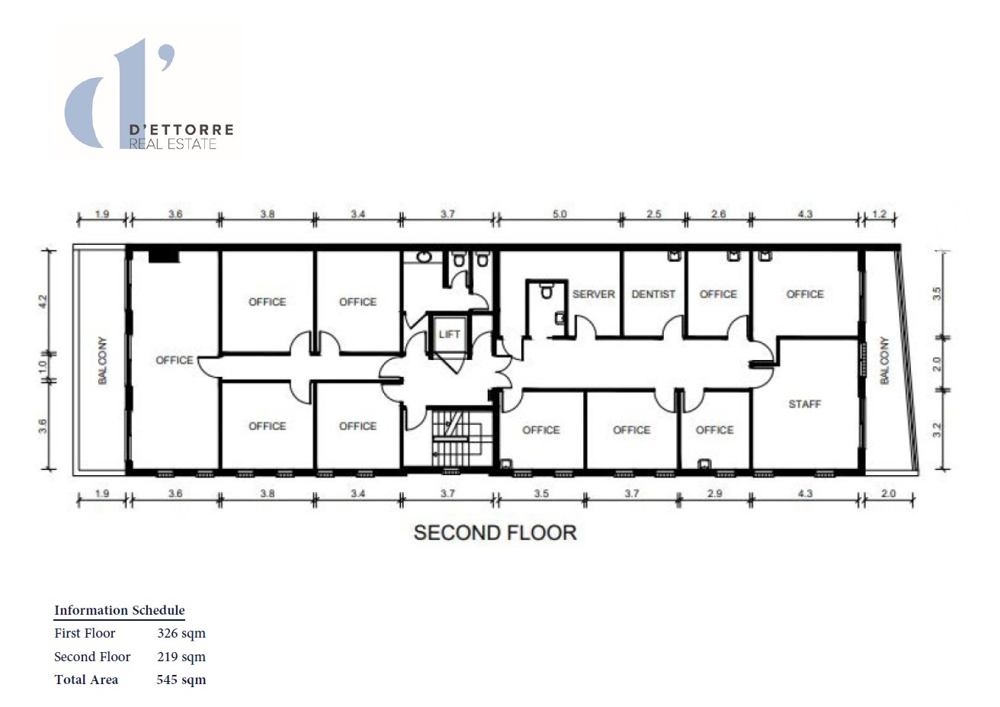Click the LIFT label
coord(449,335)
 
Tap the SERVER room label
coord(593,294)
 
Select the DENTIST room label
coord(653,294)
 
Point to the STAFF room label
coord(804,404)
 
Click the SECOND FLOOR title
coord(495,533)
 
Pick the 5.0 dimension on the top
coord(559,214)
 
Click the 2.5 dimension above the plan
coord(653,214)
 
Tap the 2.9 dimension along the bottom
coord(715,493)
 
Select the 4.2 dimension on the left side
coord(43,301)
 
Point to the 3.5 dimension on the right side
coord(937,294)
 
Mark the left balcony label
coord(103,361)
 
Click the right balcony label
coord(884,361)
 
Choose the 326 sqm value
coord(181,633)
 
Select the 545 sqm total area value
coord(181,680)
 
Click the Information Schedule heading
coord(119,610)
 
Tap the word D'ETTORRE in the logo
coord(181,130)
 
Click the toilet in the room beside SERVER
coord(546,291)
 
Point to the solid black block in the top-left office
coord(164,256)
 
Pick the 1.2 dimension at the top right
coord(879,214)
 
